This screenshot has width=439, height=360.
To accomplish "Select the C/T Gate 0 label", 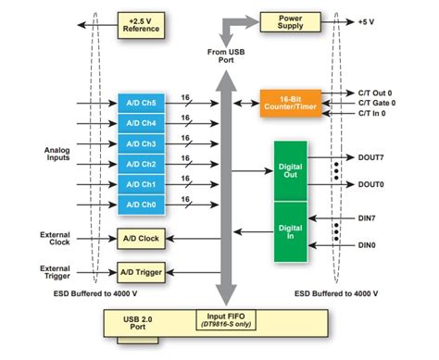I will (377, 103).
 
